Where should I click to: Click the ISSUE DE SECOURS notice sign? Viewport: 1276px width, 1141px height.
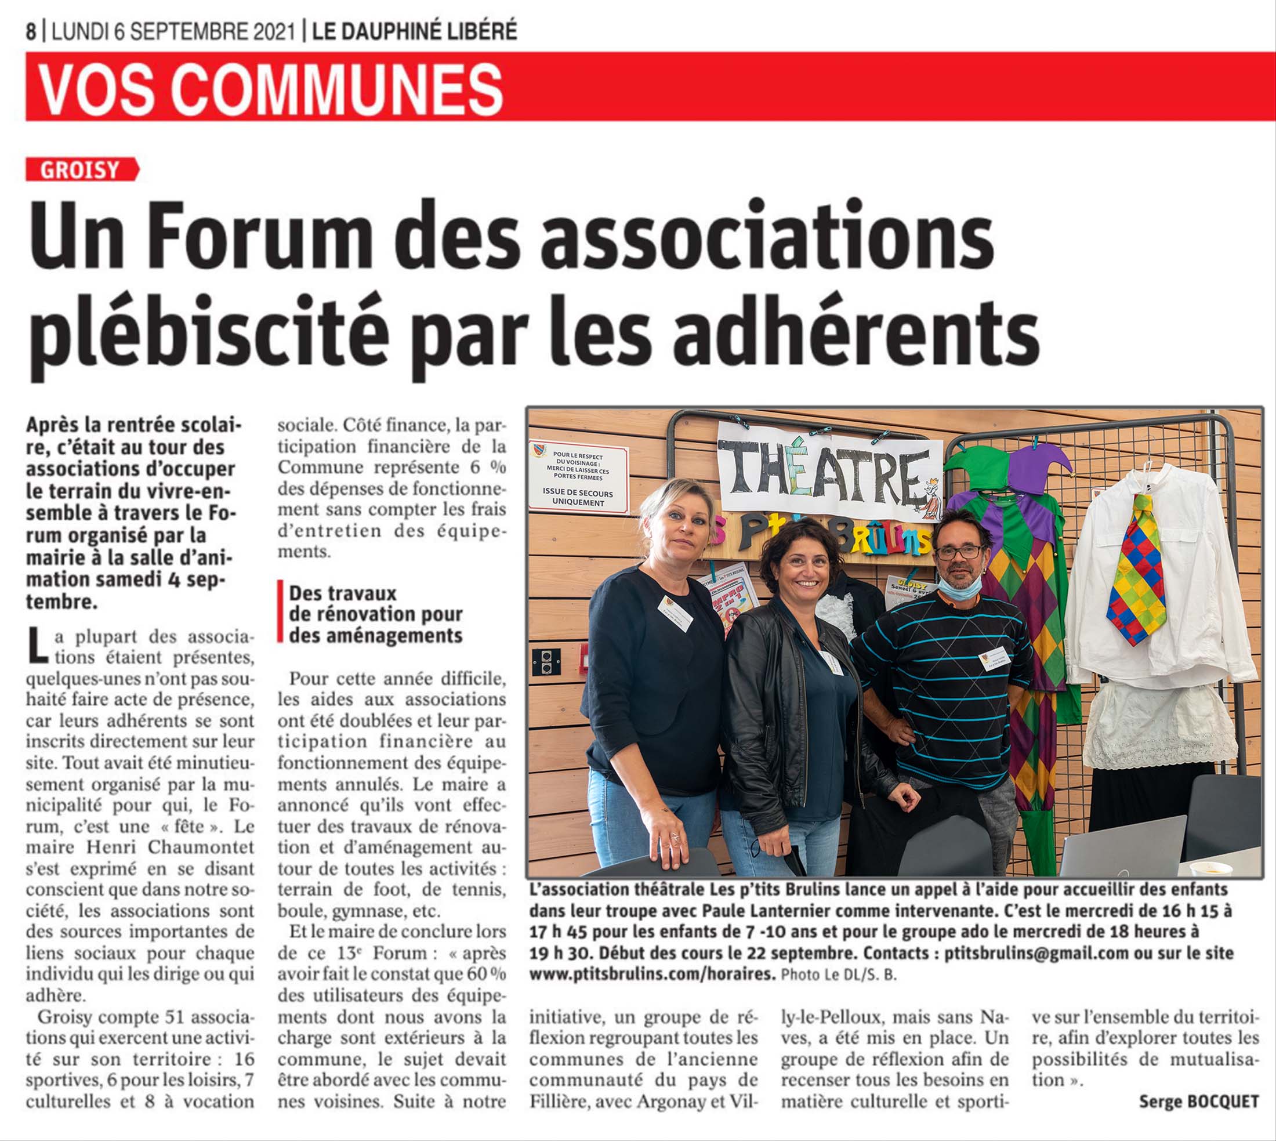[x=578, y=479]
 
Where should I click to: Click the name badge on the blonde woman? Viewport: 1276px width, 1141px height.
[x=675, y=613]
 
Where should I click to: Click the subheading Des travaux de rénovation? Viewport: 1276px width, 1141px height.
[x=375, y=614]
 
